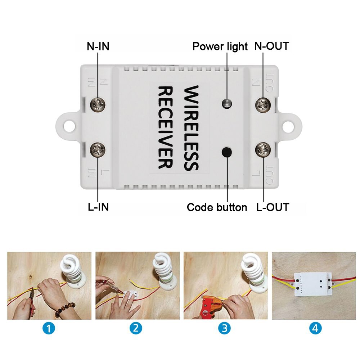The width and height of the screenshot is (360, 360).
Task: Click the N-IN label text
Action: pos(98,46)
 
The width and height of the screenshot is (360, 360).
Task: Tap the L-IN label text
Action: pos(98,207)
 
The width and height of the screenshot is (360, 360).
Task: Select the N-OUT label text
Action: pos(272,46)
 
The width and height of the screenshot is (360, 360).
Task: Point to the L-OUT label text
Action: pos(273,207)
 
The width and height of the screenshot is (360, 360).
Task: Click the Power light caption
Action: pos(220,46)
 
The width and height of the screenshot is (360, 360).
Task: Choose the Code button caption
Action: pos(217,207)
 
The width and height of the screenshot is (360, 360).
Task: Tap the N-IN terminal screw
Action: pos(98,105)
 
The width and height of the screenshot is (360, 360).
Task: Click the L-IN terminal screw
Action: pos(98,149)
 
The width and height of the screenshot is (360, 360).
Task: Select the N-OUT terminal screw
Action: pos(263,105)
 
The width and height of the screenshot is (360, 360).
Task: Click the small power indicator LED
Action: pos(226,104)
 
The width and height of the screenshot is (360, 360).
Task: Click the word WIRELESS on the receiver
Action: pos(191,128)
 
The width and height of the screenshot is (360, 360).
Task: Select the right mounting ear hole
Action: pos(290,126)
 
